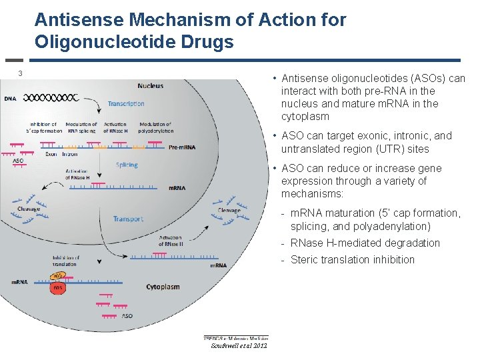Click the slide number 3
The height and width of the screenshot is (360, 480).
(21, 73)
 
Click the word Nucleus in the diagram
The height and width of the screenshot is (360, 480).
(150, 86)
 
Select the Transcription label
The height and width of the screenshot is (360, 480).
(126, 104)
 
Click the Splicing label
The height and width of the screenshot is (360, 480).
(127, 165)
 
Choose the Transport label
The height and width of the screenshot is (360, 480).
(128, 219)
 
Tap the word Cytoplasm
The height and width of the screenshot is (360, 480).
(163, 287)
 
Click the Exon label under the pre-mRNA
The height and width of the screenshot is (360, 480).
(51, 154)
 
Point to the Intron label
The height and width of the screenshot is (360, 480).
(70, 154)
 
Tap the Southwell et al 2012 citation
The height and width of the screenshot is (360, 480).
(238, 345)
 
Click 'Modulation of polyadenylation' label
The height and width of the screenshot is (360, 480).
(155, 127)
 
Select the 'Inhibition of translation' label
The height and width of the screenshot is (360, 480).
(66, 261)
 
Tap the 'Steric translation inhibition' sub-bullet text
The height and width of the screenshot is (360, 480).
(353, 260)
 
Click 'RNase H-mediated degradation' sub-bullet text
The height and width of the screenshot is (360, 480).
(365, 243)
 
